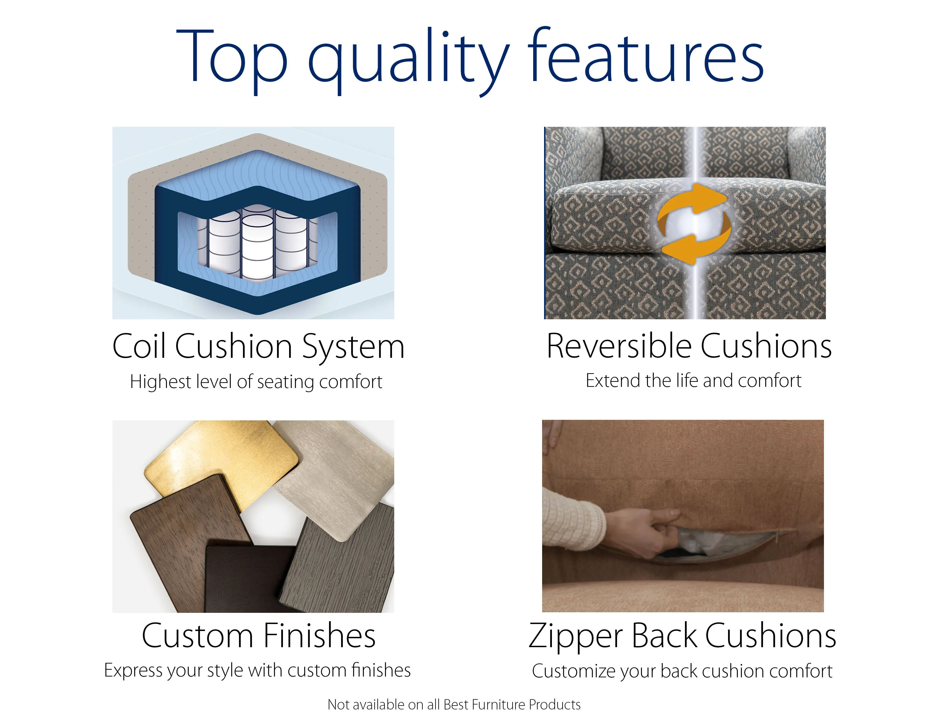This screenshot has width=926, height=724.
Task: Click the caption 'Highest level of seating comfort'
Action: click(256, 382)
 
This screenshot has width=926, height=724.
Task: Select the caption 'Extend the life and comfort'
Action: click(694, 381)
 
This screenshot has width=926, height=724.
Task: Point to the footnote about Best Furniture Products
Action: click(454, 704)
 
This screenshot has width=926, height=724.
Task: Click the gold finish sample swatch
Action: click(221, 462)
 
